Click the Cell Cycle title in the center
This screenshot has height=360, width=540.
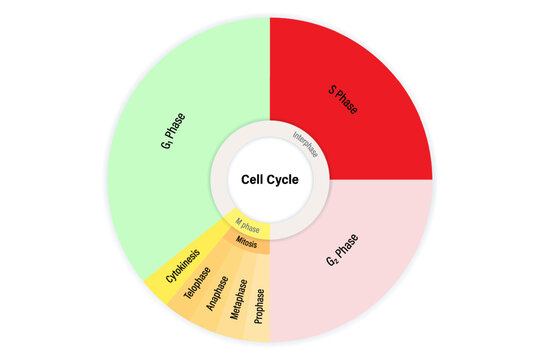tap(270, 180)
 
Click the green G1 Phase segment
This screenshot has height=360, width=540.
tap(170, 140)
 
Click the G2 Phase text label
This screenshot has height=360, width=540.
tap(344, 251)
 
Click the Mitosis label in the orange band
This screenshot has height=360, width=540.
tap(248, 242)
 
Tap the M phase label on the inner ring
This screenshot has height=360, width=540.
tap(246, 226)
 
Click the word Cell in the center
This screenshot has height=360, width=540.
tap(253, 180)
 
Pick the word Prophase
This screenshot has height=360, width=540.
tap(260, 306)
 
